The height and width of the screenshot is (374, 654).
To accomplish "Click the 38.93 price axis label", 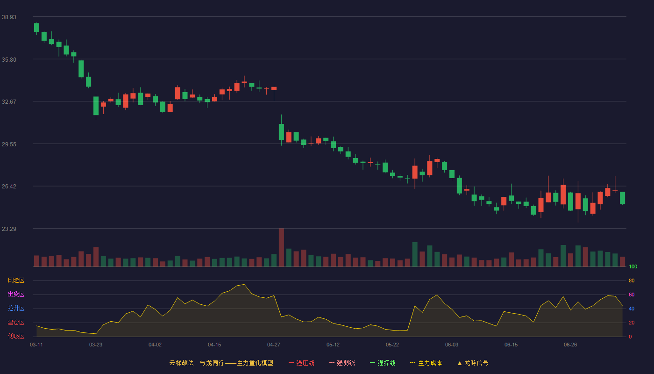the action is point(9,17).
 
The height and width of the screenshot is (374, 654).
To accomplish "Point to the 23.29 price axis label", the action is point(9,229).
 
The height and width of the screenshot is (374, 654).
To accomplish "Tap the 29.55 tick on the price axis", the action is point(9,144).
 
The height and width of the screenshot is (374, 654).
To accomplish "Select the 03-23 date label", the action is point(96,345).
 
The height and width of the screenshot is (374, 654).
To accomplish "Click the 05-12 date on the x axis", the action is point(333,345).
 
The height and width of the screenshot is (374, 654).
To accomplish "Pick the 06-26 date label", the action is point(570,345).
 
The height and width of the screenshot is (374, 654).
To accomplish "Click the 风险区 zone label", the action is point(16,280).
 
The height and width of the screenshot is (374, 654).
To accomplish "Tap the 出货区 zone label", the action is point(16,294).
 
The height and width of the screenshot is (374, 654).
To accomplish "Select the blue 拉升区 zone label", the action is point(16,308).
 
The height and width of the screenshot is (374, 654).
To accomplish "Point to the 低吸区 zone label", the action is point(16,336).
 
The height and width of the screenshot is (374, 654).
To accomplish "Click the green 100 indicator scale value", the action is point(633,266).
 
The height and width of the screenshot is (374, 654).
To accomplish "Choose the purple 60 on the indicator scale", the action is point(632,295).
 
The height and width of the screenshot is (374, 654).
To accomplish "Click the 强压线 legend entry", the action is point(301,363).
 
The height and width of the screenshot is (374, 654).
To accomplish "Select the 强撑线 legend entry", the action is point(383,363).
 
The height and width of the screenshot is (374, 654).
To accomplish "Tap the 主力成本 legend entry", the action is point(426,363).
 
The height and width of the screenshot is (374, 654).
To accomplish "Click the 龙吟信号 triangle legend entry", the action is point(473,363).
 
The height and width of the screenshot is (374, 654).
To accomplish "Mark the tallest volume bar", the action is point(281,247).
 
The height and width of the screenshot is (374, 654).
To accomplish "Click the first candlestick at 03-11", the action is point(36,29).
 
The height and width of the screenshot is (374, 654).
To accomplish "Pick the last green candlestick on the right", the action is point(622,198).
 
